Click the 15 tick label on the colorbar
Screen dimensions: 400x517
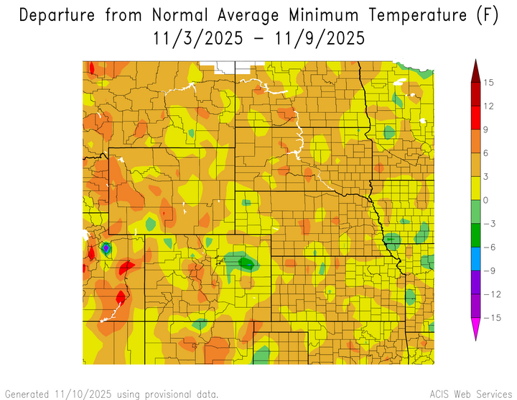[x=488, y=83]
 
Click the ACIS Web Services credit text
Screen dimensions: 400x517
[x=469, y=394]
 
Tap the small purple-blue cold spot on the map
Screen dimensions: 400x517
[x=106, y=248]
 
